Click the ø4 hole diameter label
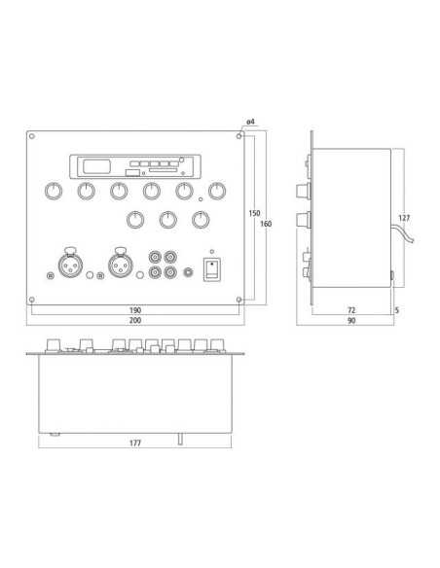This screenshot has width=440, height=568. pos(250,121)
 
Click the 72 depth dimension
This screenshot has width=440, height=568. pos(350,311)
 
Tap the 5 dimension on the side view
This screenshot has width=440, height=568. pos(397,311)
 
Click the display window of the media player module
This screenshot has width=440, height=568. pos(94,166)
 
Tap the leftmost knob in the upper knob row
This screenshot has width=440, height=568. pos(54,191)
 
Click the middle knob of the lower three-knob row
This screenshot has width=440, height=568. pos(167,220)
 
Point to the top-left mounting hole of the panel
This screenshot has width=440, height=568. pos(32,135)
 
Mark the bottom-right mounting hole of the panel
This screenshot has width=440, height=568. pos(238,302)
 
